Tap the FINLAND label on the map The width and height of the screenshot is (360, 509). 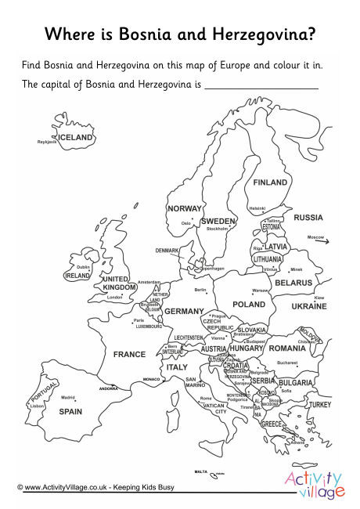click(x=270, y=182)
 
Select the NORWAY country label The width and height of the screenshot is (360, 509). click(x=185, y=209)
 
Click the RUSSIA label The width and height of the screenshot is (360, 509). click(x=308, y=217)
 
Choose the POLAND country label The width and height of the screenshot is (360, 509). click(x=249, y=304)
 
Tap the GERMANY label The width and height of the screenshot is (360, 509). click(x=184, y=311)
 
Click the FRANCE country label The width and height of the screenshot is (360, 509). click(x=129, y=354)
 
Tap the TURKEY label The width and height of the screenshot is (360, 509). click(x=320, y=405)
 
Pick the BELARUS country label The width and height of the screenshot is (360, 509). click(x=293, y=283)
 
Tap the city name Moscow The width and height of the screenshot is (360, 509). click(x=315, y=236)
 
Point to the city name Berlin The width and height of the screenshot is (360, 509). click(x=200, y=290)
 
